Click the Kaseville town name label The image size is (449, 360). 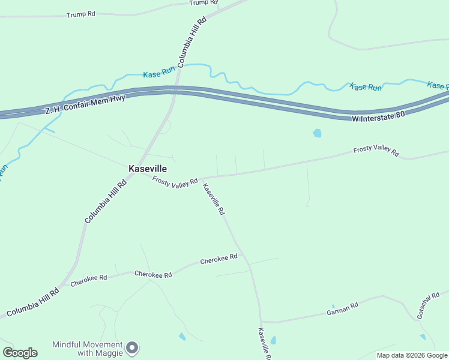(x=147, y=169)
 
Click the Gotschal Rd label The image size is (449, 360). (x=429, y=305)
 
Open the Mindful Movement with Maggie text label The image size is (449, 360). (x=88, y=349)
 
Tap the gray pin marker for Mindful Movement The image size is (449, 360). (x=133, y=347)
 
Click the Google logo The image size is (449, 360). (x=20, y=353)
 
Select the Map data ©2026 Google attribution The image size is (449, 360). (x=412, y=355)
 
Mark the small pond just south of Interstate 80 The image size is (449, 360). (x=317, y=133)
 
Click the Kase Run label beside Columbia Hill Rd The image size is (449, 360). (x=159, y=74)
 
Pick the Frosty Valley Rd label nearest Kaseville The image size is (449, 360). (x=175, y=181)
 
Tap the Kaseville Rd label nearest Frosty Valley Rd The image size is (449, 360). (x=214, y=199)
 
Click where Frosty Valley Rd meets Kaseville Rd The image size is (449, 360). (x=201, y=178)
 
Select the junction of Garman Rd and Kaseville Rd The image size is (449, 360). (x=261, y=321)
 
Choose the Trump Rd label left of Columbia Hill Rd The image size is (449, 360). (x=81, y=14)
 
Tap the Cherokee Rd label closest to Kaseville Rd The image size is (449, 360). (x=218, y=260)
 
